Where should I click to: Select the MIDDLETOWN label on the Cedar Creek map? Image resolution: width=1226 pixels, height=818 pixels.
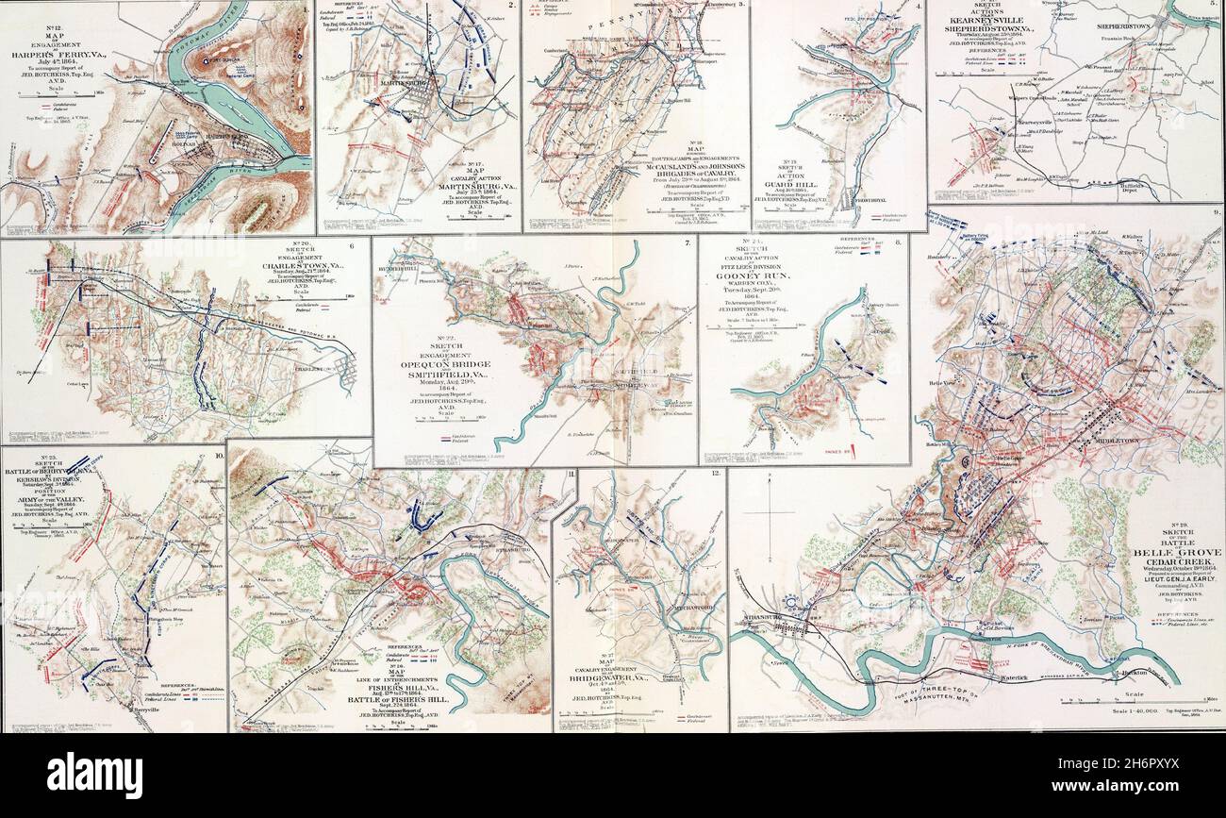click(x=1114, y=441)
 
